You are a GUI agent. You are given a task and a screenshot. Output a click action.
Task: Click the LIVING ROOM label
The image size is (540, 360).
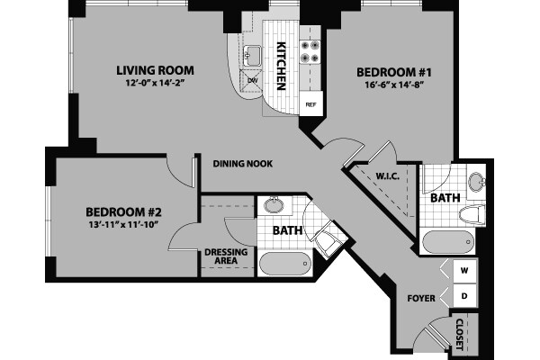pyautogui.click(x=156, y=69)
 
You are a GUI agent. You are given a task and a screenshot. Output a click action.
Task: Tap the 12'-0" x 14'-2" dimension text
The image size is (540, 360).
pyautogui.click(x=156, y=85)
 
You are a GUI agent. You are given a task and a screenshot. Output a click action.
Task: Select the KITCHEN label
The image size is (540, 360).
pyautogui.click(x=281, y=65)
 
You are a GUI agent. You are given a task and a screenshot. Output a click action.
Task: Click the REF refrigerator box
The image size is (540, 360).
pyautogui.click(x=311, y=104)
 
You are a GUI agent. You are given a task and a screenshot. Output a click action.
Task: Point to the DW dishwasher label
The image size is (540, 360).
pyautogui.click(x=253, y=79)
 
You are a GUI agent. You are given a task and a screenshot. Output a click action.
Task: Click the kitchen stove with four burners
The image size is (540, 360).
pyautogui.click(x=310, y=51)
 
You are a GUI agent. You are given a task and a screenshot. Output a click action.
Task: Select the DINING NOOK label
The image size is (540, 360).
pyautogui.click(x=243, y=164)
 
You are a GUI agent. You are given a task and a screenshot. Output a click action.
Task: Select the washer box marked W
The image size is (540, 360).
pyautogui.click(x=465, y=270)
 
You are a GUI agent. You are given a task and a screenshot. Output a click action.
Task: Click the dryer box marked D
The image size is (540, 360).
pyautogui.click(x=465, y=294)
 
